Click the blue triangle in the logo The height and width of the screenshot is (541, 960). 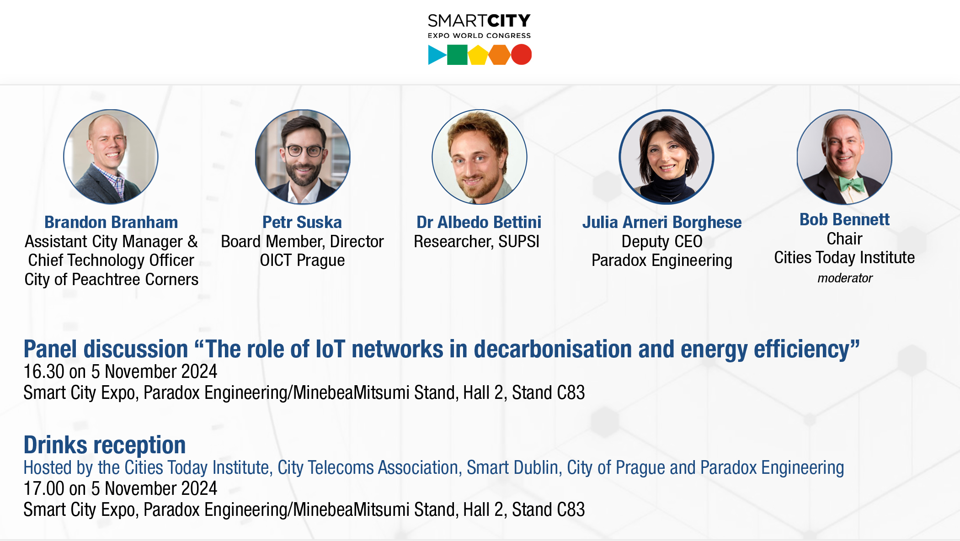pos(436,55)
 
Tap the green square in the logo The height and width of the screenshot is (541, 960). pos(457,55)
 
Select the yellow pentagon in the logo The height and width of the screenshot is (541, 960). pos(478,55)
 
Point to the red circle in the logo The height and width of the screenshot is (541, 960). pos(521,55)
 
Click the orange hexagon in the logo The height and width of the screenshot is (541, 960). pos(499,55)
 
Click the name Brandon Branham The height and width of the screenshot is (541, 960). pos(111,222)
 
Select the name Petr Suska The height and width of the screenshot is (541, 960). pos(302,222)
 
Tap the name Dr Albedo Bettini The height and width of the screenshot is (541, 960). pos(479,222)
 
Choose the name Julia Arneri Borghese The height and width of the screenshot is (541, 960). pos(662,223)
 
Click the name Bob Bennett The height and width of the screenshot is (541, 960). pos(844,219)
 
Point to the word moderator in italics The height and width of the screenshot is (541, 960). pos(845,278)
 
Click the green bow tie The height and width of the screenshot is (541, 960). pos(850,185)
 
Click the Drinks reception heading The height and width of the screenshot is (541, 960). pos(105,445)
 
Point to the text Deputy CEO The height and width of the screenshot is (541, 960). pos(662,241)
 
